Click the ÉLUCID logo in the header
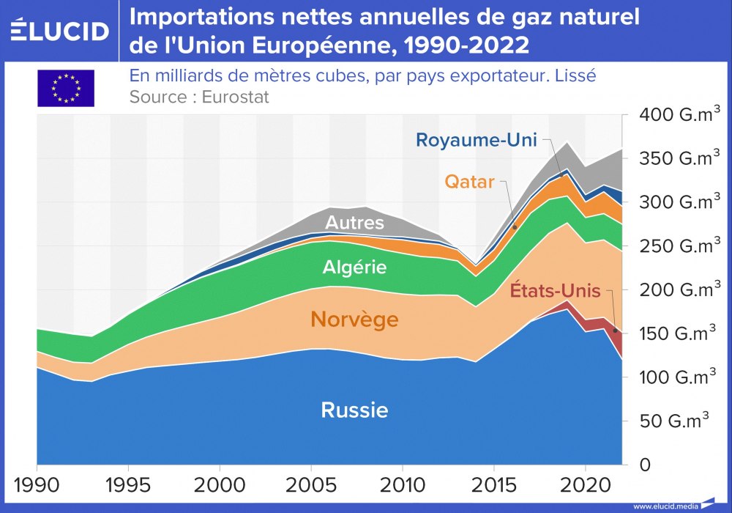click(60, 31)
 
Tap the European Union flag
click(66, 88)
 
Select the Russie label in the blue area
click(354, 410)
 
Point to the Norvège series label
click(354, 320)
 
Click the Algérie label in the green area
click(354, 267)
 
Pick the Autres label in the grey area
click(354, 222)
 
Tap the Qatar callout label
click(469, 182)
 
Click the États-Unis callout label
click(555, 291)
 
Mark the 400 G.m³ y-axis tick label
click(679, 115)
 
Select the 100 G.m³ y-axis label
click(679, 377)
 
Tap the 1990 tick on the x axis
click(37, 485)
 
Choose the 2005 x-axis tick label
click(311, 485)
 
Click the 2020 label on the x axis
click(585, 485)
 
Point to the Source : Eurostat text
click(199, 97)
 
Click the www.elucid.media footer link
click(664, 506)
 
